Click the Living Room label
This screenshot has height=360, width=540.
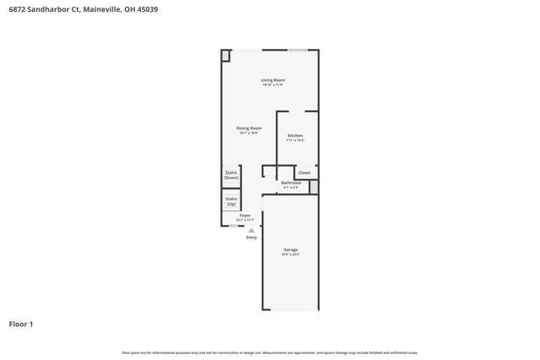pos(273,80)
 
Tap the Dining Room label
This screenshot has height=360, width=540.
pos(248,128)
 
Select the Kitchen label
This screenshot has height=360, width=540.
pos(295,136)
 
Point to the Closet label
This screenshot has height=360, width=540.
pos(304,173)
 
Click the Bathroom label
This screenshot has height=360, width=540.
pos(291,182)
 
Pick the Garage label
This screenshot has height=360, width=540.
pos(290,250)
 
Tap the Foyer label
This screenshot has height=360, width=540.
pos(245,216)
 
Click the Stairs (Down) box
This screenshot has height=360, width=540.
pos(230,176)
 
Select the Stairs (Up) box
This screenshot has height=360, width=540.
pos(230,201)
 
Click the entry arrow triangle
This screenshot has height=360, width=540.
pos(251,230)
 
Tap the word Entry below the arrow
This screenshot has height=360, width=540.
pos(251,238)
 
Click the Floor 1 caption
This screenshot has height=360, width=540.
pos(21,324)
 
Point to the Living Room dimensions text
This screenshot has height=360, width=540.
pos(273,85)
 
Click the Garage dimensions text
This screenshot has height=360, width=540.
pos(290,255)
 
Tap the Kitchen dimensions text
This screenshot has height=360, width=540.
pos(295,140)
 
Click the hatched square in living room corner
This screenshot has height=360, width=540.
pos(226,56)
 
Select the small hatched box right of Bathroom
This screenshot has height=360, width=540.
pos(314,186)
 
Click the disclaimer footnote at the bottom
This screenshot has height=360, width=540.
pos(269,352)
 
